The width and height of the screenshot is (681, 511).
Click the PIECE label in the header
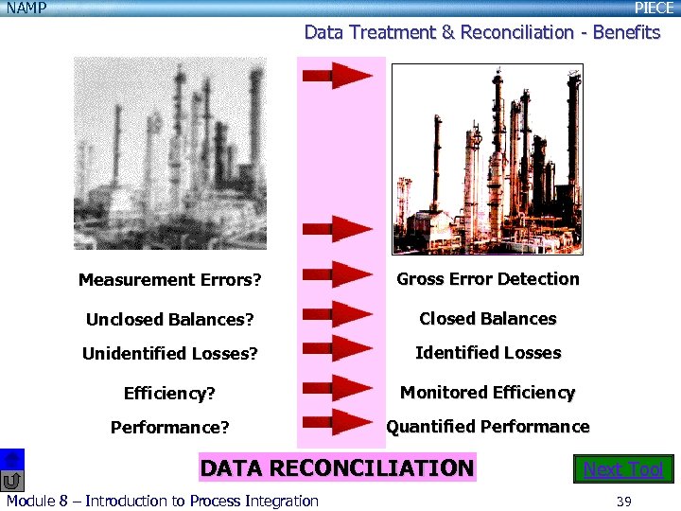[654, 9]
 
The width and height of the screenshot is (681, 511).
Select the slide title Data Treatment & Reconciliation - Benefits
[481, 32]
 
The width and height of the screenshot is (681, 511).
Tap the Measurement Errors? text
[169, 280]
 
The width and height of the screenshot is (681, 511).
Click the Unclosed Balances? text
[169, 320]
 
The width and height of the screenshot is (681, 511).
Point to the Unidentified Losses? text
[169, 354]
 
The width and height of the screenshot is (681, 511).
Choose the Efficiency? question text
[169, 393]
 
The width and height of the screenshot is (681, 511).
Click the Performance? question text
[169, 428]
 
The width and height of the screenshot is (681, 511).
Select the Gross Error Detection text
[487, 279]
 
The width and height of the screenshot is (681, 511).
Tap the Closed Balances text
[487, 319]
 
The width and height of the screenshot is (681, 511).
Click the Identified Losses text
[488, 353]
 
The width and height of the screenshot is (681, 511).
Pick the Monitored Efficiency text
[487, 393]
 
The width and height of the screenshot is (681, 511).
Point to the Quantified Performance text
[487, 427]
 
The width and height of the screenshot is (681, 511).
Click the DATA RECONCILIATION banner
[336, 468]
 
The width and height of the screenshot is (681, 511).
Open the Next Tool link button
[623, 469]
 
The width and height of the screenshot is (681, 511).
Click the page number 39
[623, 501]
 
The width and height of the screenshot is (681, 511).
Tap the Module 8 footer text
[162, 501]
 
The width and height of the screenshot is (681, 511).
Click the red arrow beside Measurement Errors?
[338, 276]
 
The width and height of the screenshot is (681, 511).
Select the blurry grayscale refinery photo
[170, 153]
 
